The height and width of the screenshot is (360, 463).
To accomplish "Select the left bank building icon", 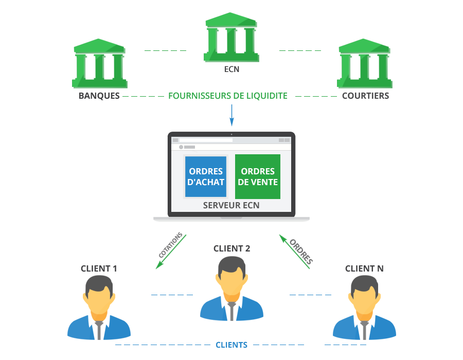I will (x=100, y=64).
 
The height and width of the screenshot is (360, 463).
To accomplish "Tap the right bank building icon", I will (x=364, y=64).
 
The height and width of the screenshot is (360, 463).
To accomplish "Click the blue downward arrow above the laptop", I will (x=232, y=116).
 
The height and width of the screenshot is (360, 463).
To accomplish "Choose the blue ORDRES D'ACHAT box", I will (x=206, y=176).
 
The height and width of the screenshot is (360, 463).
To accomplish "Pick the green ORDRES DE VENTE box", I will (x=258, y=176).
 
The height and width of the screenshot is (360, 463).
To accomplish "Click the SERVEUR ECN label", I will (x=232, y=206).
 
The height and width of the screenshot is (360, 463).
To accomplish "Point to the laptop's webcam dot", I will (x=232, y=135).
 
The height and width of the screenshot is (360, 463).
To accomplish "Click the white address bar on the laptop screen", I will (x=206, y=140).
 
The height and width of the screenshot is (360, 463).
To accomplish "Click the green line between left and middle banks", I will (x=165, y=50).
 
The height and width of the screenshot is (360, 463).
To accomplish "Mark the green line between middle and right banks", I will (x=300, y=50).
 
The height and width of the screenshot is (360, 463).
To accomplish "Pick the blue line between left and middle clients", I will (x=172, y=295).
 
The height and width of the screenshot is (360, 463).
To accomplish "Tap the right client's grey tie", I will (x=364, y=329).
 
